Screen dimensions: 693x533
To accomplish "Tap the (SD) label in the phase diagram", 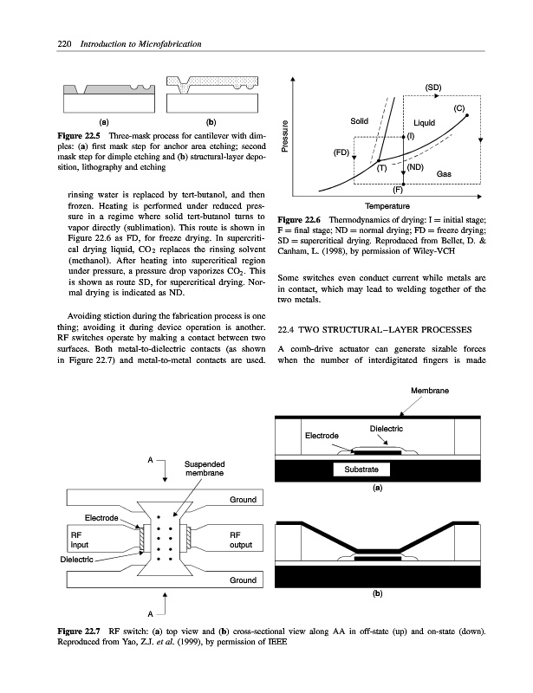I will pyautogui.click(x=433, y=87).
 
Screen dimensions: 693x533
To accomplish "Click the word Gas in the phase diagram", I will pyautogui.click(x=444, y=174).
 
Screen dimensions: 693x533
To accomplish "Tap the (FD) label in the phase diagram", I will pyautogui.click(x=341, y=152).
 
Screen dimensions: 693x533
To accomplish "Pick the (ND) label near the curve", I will pyautogui.click(x=414, y=166).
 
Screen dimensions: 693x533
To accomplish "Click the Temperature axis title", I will pyautogui.click(x=387, y=205).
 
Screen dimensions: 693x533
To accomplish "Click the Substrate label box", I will pyautogui.click(x=361, y=470).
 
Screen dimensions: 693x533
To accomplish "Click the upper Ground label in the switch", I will pyautogui.click(x=243, y=501).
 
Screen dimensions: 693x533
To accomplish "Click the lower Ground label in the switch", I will pyautogui.click(x=243, y=580).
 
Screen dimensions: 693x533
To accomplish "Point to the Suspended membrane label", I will pyautogui.click(x=205, y=469).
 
